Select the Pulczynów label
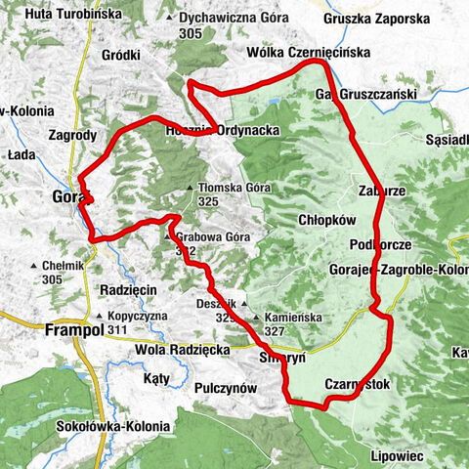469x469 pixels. pyautogui.click(x=226, y=388)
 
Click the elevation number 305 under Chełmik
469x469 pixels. pyautogui.click(x=53, y=279)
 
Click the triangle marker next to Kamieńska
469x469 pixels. pyautogui.click(x=257, y=319)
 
